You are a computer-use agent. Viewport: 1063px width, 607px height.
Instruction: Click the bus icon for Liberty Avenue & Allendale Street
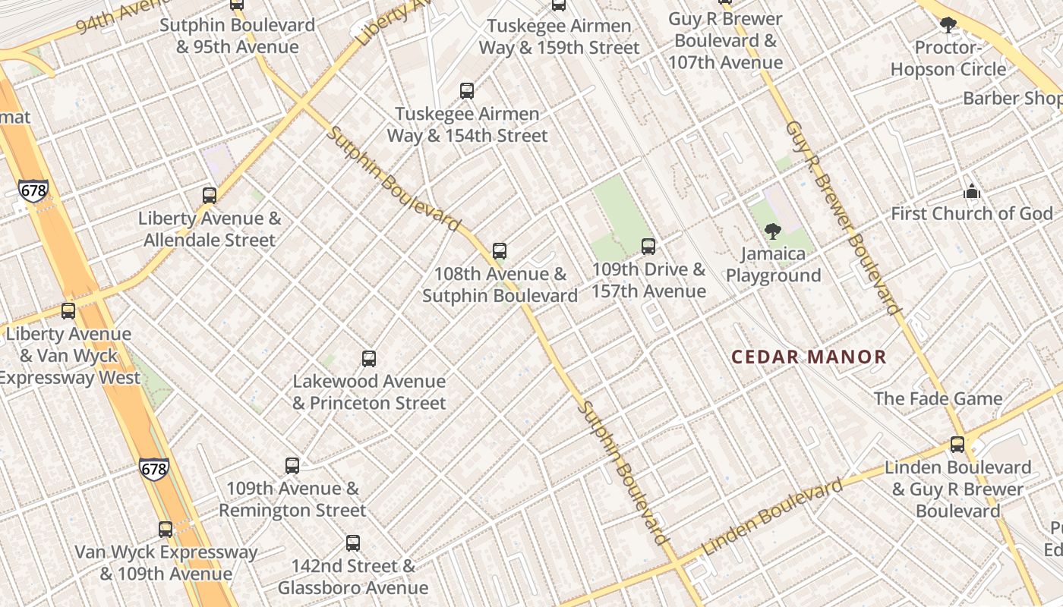pyautogui.click(x=210, y=196)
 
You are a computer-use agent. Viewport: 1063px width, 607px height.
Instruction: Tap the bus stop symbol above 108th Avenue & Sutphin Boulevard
pyautogui.click(x=499, y=251)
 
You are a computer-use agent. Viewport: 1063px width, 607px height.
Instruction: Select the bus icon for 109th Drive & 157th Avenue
pyautogui.click(x=648, y=247)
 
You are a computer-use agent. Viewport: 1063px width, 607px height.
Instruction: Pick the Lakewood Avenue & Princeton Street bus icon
pyautogui.click(x=369, y=359)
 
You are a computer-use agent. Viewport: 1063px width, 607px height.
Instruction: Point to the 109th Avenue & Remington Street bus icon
pyautogui.click(x=292, y=466)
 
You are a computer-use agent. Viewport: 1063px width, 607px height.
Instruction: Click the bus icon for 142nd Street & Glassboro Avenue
pyautogui.click(x=352, y=543)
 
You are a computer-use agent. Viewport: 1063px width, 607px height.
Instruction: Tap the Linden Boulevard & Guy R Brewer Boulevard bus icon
pyautogui.click(x=957, y=445)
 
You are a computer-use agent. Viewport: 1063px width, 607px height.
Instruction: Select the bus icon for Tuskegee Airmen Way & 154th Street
pyautogui.click(x=467, y=91)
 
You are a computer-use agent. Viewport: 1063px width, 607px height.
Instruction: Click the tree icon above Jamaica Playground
pyautogui.click(x=773, y=231)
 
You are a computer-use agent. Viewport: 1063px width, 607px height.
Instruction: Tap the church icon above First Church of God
pyautogui.click(x=972, y=192)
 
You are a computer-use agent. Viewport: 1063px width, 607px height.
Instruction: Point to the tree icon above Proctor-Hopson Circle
pyautogui.click(x=948, y=26)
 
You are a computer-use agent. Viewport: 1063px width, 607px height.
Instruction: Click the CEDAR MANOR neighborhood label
pyautogui.click(x=809, y=357)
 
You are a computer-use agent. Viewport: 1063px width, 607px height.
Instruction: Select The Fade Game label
pyautogui.click(x=938, y=399)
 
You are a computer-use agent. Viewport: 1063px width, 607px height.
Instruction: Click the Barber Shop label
pyautogui.click(x=1012, y=99)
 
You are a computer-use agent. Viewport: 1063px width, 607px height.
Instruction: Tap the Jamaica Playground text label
pyautogui.click(x=773, y=264)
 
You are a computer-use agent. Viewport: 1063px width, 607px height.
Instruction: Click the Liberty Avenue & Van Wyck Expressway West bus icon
pyautogui.click(x=68, y=311)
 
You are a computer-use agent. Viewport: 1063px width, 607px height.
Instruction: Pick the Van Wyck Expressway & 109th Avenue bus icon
pyautogui.click(x=166, y=530)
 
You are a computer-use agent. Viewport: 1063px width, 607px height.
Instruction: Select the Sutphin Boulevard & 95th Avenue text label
pyautogui.click(x=237, y=36)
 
